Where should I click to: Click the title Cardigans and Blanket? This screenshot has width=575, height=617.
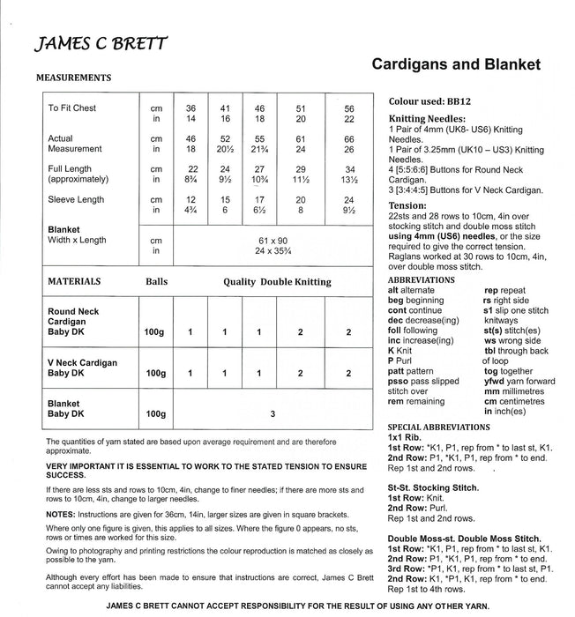(456, 65)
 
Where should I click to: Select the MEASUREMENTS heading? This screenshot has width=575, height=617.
(73, 78)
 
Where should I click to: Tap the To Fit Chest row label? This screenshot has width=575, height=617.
(72, 108)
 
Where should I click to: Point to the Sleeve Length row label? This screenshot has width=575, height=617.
(77, 200)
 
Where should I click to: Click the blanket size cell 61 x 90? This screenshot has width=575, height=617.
(272, 240)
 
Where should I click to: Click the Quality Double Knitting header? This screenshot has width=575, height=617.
(277, 282)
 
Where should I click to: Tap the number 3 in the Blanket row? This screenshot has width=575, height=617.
(273, 413)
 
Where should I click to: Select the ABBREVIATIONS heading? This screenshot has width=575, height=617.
(422, 280)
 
